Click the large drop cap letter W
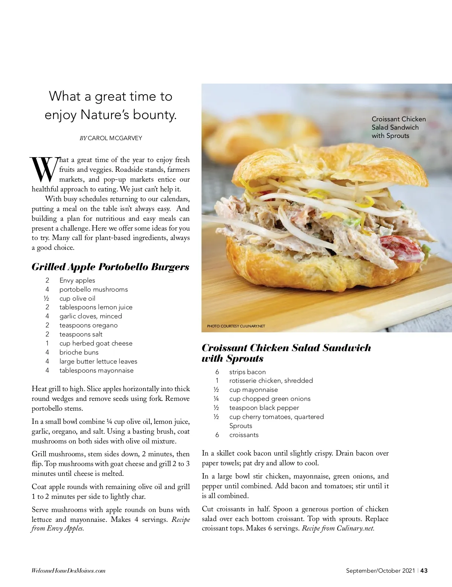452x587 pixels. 44,169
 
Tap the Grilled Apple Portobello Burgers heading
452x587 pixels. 110,267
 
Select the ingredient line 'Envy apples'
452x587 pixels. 77,280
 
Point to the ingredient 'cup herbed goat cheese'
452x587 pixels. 96,343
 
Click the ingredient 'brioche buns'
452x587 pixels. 79,352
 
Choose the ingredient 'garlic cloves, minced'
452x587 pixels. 90,316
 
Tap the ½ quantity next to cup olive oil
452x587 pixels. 47,298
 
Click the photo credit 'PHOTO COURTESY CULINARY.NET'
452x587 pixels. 236,326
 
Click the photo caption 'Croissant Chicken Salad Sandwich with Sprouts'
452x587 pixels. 399,127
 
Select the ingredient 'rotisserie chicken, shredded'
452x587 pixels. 271,381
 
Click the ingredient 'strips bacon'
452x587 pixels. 247,372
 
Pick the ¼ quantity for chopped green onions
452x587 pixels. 216,399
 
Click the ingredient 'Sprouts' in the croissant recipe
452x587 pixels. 241,426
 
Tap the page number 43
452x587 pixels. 424,570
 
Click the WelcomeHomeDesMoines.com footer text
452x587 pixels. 69,571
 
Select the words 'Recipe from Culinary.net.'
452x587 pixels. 338,528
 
